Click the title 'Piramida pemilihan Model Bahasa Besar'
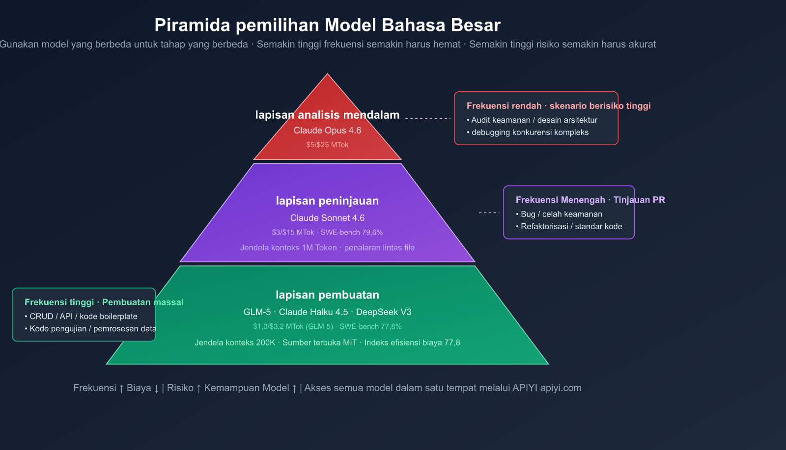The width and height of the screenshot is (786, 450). pos(327,25)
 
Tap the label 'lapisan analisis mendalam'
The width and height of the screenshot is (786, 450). pos(327,115)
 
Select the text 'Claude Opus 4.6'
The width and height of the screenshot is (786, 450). pos(327,131)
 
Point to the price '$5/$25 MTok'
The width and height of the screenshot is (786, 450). pos(327,145)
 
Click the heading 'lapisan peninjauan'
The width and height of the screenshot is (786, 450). pos(327,201)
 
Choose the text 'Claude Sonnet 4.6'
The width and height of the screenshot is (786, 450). pos(327,218)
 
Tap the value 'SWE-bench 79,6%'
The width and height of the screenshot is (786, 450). pos(352,233)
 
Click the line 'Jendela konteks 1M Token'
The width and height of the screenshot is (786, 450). pos(288,248)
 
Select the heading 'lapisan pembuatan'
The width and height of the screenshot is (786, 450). pos(327,295)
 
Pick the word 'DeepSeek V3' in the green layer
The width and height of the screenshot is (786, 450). pos(384,312)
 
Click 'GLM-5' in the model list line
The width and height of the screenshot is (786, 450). pos(257,312)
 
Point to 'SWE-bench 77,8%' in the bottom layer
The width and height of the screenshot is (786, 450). pos(370,327)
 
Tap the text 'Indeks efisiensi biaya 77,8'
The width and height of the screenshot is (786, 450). pos(412,343)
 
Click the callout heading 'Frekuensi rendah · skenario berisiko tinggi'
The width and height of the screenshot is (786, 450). pos(559,106)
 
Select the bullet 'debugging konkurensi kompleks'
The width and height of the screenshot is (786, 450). pos(530,132)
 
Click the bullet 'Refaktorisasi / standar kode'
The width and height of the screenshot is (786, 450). pos(571,227)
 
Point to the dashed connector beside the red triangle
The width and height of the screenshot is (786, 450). pos(427,119)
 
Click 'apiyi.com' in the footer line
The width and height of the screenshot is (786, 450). pos(561,388)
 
